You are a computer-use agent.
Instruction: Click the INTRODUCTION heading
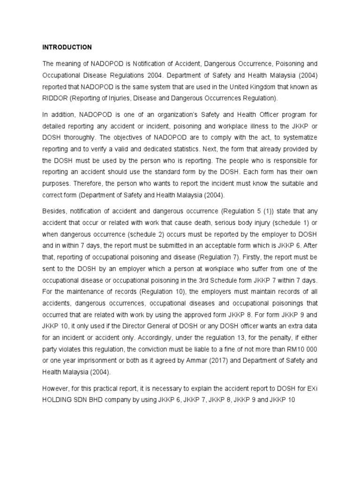(67, 47)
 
